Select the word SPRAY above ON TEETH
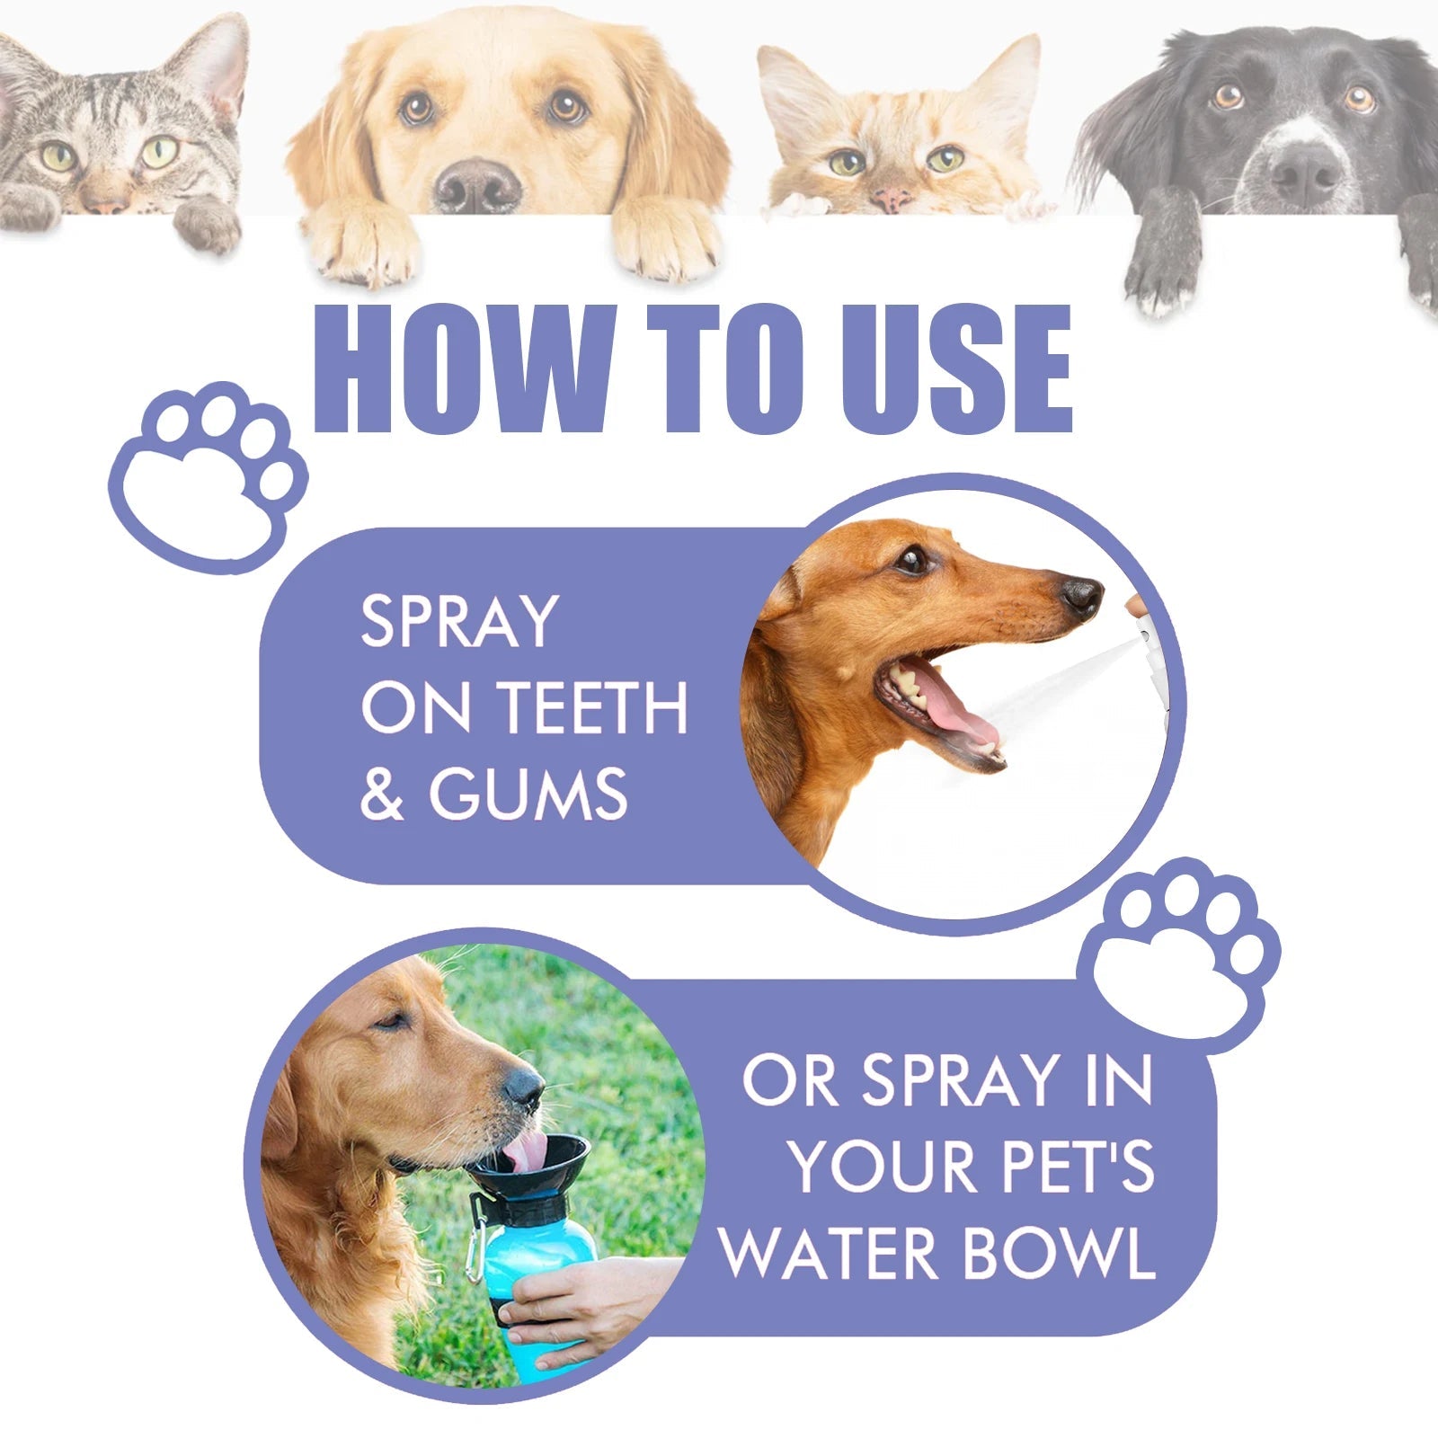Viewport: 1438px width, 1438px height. (459, 621)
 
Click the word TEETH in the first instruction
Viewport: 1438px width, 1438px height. (592, 708)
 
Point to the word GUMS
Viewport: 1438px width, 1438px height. (528, 794)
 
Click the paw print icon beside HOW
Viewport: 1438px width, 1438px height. (209, 476)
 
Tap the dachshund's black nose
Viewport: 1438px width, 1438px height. (1081, 596)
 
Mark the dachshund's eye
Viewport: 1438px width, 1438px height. (913, 560)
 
